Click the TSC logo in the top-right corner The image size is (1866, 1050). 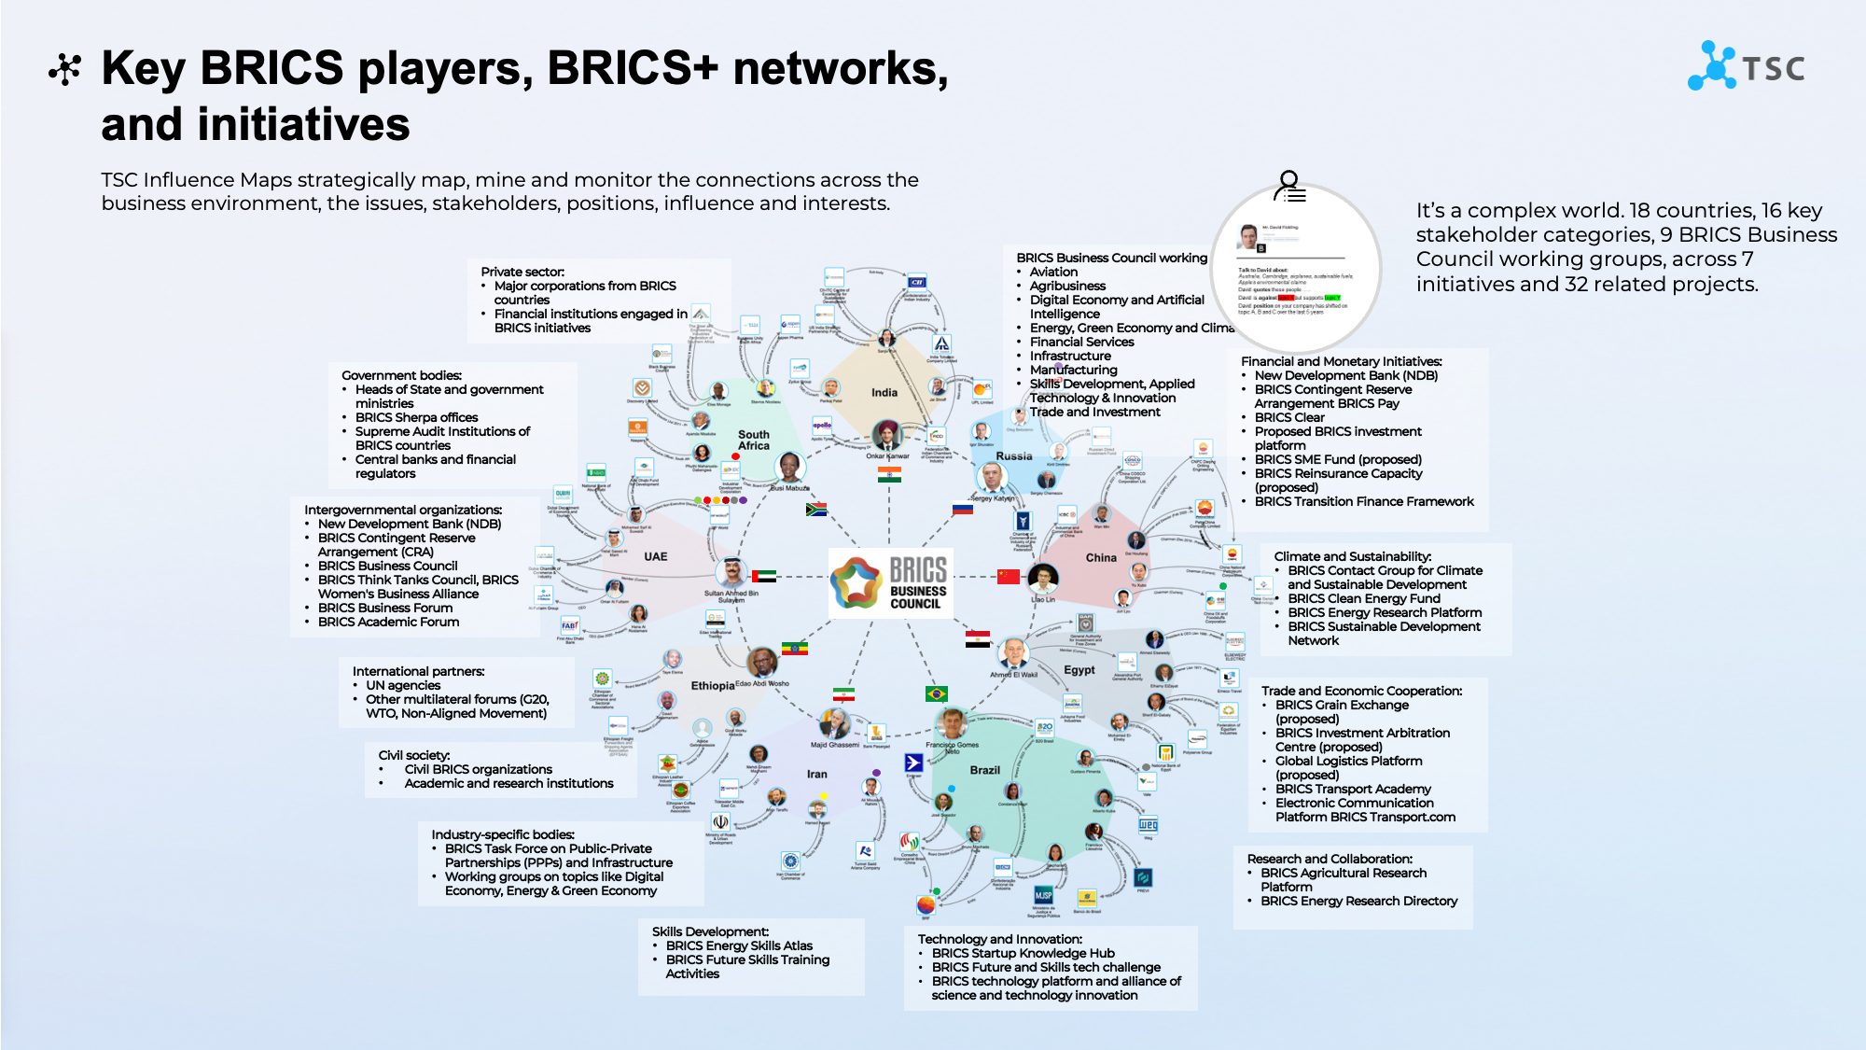(x=1746, y=66)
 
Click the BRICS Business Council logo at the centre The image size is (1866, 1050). (x=890, y=583)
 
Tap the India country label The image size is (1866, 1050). (x=884, y=393)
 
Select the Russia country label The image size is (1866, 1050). (x=1013, y=456)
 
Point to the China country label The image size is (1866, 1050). (x=1100, y=557)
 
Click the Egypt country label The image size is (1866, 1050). (x=1079, y=670)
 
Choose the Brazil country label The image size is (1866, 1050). (x=984, y=770)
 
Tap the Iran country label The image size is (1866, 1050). (x=816, y=774)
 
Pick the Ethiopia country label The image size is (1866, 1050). (x=712, y=686)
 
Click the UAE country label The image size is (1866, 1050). (x=655, y=556)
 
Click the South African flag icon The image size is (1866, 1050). (x=815, y=510)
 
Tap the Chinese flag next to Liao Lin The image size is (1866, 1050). (x=1008, y=576)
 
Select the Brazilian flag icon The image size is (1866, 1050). (x=936, y=693)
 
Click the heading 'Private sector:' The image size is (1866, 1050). (x=522, y=272)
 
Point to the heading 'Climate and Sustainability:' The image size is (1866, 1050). (x=1352, y=556)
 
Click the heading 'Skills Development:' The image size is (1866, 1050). (x=710, y=931)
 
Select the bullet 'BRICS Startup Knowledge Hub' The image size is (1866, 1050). (x=1023, y=953)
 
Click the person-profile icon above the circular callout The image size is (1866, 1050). (x=1290, y=186)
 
